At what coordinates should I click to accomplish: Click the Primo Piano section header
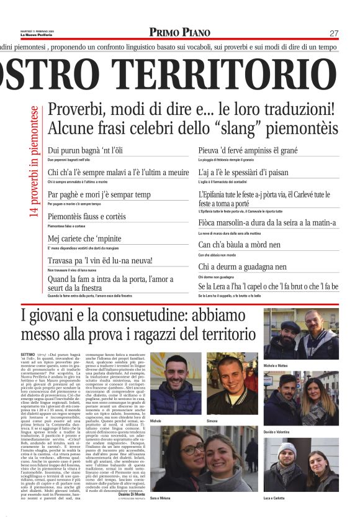pos(179,32)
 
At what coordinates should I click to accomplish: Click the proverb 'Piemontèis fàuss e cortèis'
pos(86,217)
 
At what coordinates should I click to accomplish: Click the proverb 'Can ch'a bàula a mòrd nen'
pos(239,245)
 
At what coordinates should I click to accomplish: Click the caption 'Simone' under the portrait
pos(212,421)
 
